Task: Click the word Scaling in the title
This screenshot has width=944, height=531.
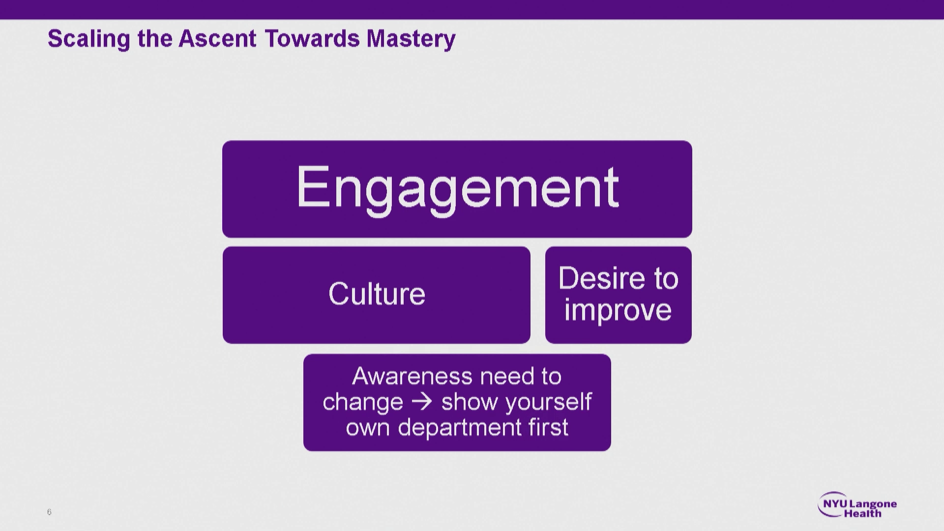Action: pos(89,39)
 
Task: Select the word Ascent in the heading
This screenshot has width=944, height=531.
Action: pos(217,38)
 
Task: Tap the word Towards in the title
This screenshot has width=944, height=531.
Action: pos(312,38)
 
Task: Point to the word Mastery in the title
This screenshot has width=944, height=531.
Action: pos(411,39)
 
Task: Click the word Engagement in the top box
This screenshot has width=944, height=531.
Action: pos(457,189)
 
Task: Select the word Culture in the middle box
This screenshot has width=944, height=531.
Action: pos(377,294)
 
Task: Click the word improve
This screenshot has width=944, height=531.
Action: pos(618,311)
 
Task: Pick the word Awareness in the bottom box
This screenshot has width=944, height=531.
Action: pos(412,377)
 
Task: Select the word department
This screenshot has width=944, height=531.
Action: pos(460,427)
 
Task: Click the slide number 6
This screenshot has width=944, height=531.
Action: pos(49,512)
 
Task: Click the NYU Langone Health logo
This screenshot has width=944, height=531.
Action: pos(857,504)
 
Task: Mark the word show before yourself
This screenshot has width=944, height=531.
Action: pos(470,402)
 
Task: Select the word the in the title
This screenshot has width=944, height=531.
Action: pos(154,38)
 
